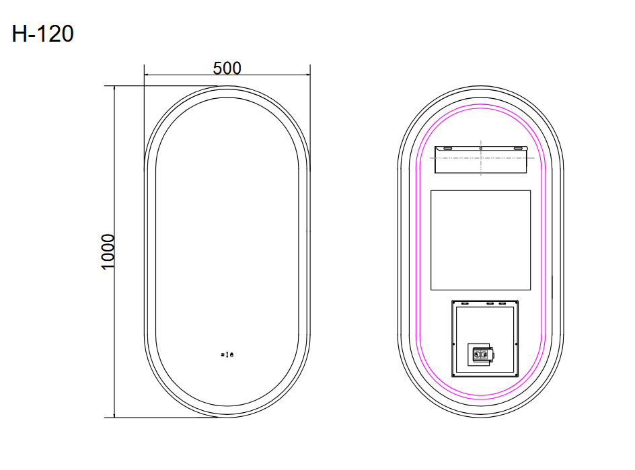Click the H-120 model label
[42, 33]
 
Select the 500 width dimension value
[227, 68]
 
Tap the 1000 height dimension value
[108, 252]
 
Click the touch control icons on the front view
[227, 354]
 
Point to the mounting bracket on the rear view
[480, 159]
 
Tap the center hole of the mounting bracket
[480, 148]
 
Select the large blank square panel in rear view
[480, 240]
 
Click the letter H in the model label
[20, 33]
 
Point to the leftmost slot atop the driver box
[464, 303]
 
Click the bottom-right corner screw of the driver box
[516, 374]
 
